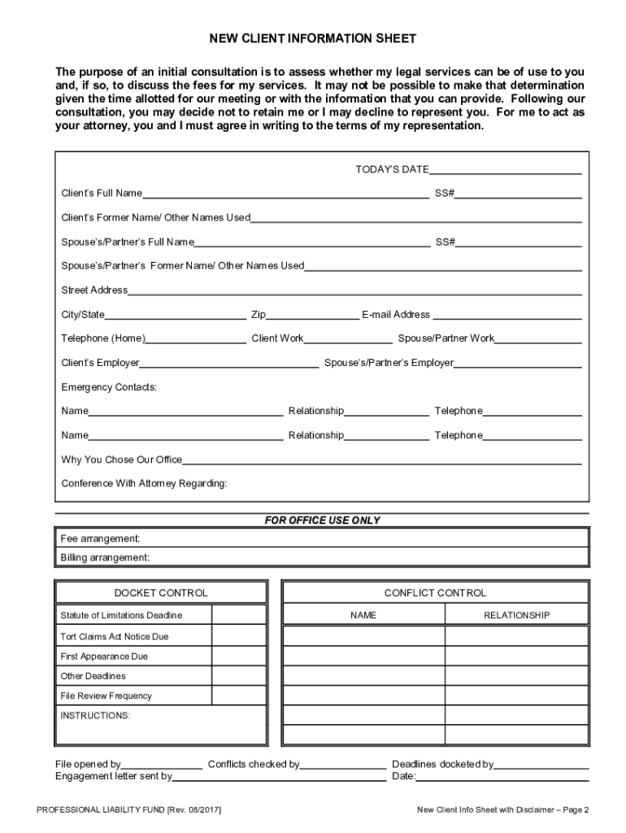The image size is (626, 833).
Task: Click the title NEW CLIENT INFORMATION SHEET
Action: click(x=313, y=39)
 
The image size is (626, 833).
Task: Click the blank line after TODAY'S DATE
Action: click(x=505, y=170)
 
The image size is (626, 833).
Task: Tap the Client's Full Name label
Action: click(x=102, y=194)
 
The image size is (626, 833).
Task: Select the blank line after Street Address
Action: click(x=354, y=290)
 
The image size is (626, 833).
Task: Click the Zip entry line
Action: click(x=312, y=316)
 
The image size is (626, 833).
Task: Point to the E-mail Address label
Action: click(x=396, y=315)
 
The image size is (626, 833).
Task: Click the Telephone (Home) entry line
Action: click(x=196, y=339)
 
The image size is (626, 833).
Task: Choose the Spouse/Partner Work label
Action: click(x=446, y=338)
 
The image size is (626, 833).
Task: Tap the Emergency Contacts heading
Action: click(x=109, y=387)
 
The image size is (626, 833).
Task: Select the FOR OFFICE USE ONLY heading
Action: click(x=322, y=521)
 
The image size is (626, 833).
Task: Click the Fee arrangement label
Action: click(x=101, y=539)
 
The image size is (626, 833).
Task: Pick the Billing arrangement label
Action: click(x=105, y=558)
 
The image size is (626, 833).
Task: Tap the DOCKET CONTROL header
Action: click(x=160, y=593)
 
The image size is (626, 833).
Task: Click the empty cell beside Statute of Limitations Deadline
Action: click(x=239, y=615)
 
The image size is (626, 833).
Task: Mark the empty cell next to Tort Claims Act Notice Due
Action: click(x=239, y=636)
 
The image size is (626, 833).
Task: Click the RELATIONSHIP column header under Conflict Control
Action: click(x=516, y=616)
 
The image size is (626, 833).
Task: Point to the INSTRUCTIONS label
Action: click(x=95, y=716)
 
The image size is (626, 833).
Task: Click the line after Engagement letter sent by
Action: click(x=279, y=777)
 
